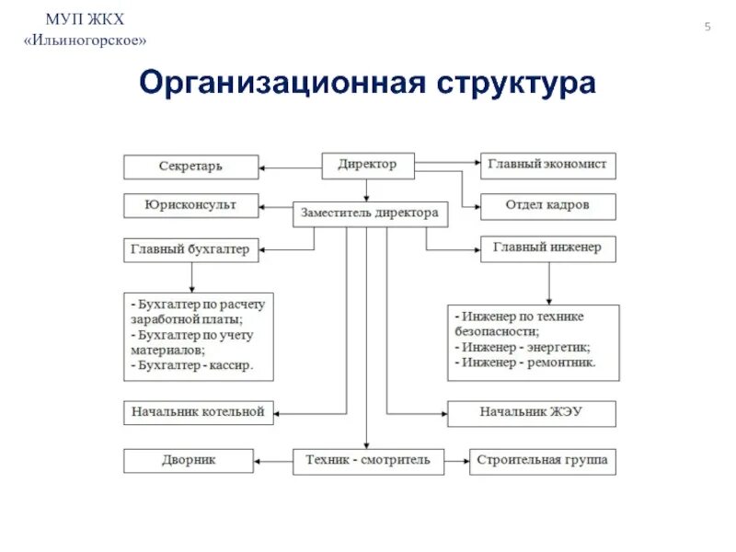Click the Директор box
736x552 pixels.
pyautogui.click(x=367, y=166)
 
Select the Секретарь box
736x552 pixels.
pyautogui.click(x=190, y=167)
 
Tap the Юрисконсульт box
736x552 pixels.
pyautogui.click(x=190, y=205)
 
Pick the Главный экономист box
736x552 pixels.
pyautogui.click(x=548, y=166)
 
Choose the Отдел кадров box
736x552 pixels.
pyautogui.click(x=548, y=205)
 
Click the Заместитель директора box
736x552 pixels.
pyautogui.click(x=370, y=213)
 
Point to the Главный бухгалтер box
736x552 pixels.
pyautogui.click(x=190, y=249)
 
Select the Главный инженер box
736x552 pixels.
pyautogui.click(x=548, y=247)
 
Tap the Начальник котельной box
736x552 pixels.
pyautogui.click(x=197, y=412)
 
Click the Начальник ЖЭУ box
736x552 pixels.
pyautogui.click(x=531, y=412)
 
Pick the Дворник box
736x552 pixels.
pyautogui.click(x=189, y=460)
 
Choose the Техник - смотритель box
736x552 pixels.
pyautogui.click(x=368, y=460)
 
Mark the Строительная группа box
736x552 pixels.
pyautogui.click(x=543, y=460)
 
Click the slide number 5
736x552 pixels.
pyautogui.click(x=707, y=28)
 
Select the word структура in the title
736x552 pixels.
pyautogui.click(x=517, y=83)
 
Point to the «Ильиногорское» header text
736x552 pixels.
pyautogui.click(x=85, y=41)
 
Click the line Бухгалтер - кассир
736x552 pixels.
pyautogui.click(x=190, y=364)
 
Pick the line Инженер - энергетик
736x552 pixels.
pyautogui.click(x=522, y=348)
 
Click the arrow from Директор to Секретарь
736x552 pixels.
pyautogui.click(x=289, y=167)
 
